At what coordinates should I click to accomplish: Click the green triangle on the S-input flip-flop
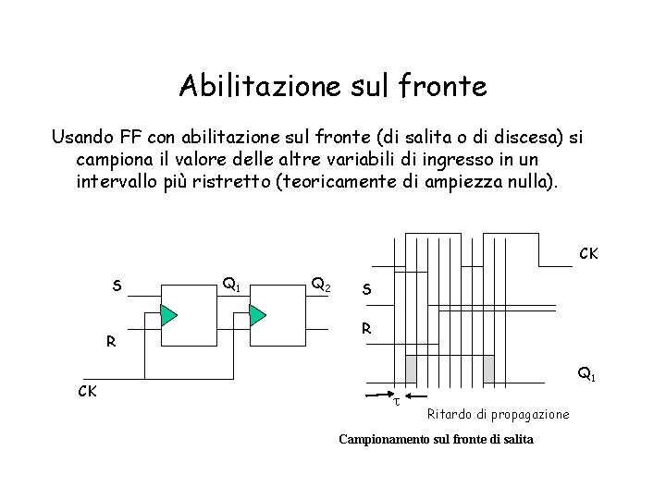[167, 314]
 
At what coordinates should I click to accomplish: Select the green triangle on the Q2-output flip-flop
[256, 314]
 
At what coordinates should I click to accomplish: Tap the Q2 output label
[323, 284]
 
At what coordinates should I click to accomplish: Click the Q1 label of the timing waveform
[586, 374]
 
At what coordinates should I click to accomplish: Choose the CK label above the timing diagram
[588, 252]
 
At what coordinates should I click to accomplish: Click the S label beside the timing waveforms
[368, 289]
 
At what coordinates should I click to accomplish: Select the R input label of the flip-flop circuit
[110, 341]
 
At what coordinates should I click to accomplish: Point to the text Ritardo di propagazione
[498, 413]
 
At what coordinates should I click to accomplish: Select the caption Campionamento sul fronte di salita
[436, 439]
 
